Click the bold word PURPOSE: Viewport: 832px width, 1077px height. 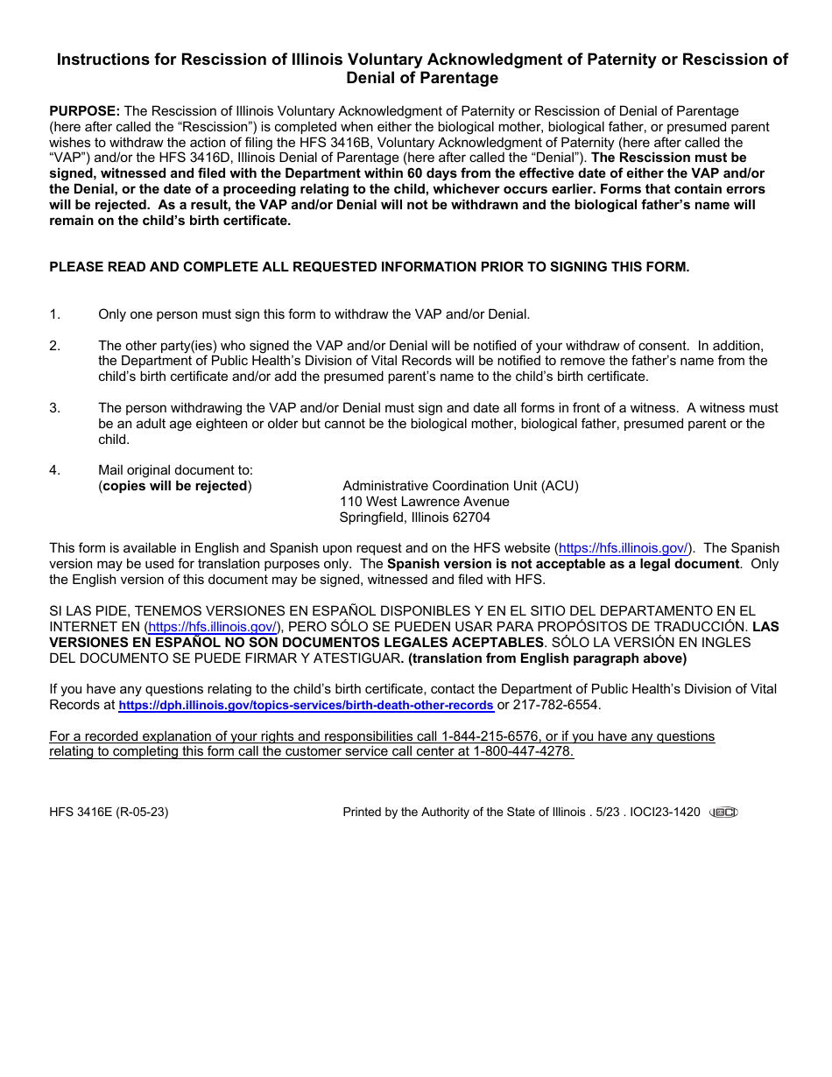pos(85,111)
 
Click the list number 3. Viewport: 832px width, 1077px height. pos(54,408)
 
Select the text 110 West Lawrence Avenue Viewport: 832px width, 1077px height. pos(424,502)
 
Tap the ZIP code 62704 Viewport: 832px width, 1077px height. pos(471,517)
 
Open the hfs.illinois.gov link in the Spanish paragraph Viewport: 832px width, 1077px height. pos(213,627)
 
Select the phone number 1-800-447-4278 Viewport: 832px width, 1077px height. pos(523,752)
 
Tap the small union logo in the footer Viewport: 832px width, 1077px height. pos(723,812)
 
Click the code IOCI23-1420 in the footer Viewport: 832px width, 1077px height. pos(665,812)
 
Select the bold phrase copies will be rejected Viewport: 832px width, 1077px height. pos(175,486)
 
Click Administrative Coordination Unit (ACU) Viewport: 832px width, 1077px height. pos(461,486)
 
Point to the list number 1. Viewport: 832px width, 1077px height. pos(54,314)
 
